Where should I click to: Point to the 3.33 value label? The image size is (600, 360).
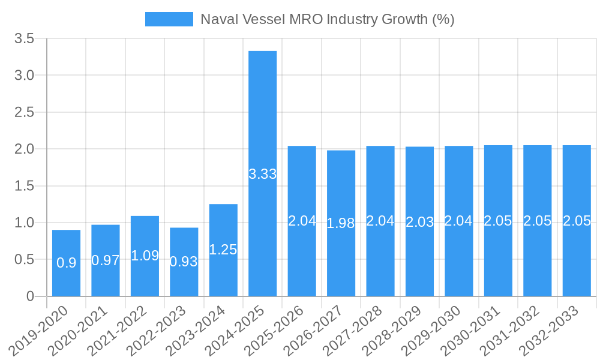(263, 174)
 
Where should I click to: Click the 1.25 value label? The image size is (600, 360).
(223, 250)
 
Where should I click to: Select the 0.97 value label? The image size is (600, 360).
(106, 260)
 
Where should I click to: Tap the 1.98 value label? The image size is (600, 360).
(341, 223)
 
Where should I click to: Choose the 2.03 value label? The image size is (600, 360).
(420, 221)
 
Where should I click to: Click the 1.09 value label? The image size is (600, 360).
(145, 256)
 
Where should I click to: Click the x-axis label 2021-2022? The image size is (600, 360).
(120, 329)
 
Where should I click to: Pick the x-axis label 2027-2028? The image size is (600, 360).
(356, 329)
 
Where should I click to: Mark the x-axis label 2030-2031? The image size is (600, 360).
(473, 329)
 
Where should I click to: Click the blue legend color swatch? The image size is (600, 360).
(169, 19)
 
